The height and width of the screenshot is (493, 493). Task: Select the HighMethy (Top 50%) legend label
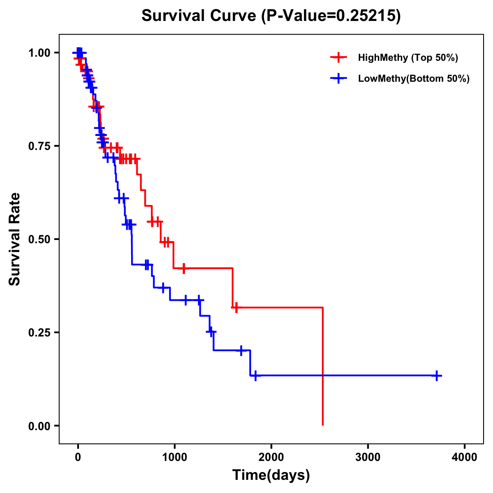click(408, 58)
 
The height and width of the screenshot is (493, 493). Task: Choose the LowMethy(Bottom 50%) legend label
click(413, 79)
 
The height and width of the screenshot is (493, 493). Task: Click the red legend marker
click(338, 58)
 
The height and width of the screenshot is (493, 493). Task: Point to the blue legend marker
click(338, 79)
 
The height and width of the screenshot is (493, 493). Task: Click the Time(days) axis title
click(271, 475)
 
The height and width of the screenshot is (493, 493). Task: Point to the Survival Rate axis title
click(15, 239)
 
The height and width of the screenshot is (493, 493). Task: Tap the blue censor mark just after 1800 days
click(256, 376)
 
